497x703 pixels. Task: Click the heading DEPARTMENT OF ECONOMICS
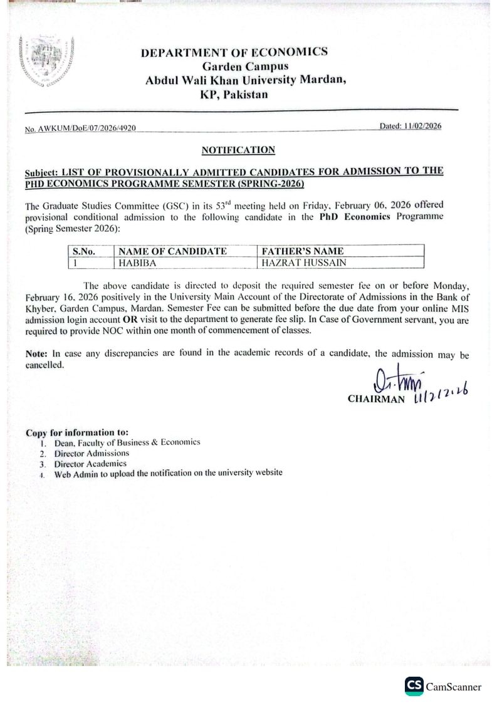(x=234, y=51)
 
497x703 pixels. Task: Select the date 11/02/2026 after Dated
(x=420, y=127)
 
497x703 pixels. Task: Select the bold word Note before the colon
(x=37, y=353)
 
